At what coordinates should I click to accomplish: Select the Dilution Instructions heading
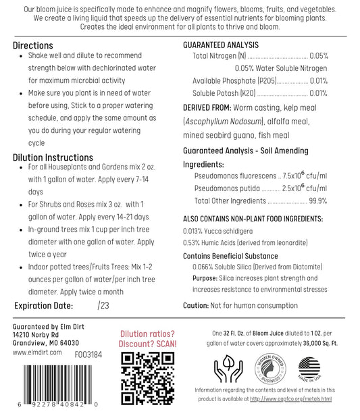coord(53,157)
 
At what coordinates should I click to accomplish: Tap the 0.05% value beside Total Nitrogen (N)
coord(319,56)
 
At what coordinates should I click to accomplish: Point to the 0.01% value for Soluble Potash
coord(319,93)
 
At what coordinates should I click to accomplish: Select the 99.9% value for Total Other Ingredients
coord(317,201)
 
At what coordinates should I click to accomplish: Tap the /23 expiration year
coord(103,305)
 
